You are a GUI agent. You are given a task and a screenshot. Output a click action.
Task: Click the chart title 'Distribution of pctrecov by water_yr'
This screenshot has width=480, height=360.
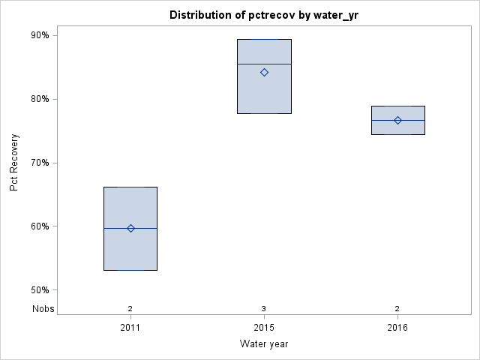pos(263,15)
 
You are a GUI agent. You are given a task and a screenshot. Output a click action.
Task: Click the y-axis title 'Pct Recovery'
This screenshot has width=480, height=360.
pos(14,163)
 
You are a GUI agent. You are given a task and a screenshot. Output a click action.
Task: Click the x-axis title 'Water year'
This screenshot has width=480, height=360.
pos(263,344)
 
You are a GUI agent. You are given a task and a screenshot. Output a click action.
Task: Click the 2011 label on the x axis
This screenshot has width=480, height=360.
pos(130,328)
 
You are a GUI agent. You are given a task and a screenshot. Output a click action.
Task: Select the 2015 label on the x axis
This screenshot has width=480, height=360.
pos(264,328)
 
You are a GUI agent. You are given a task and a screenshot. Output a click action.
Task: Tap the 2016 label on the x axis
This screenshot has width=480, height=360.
pos(397,328)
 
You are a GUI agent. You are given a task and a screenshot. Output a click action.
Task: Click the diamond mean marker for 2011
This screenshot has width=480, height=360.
pos(130,228)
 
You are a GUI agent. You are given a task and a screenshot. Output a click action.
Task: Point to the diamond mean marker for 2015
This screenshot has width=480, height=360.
pos(264,72)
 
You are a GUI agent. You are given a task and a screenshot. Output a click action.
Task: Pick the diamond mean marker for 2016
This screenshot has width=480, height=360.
pos(397,120)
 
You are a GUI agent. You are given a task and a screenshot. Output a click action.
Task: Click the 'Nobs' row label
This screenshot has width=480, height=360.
pos(43,308)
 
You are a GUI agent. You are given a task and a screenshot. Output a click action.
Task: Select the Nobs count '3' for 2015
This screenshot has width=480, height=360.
pos(264,308)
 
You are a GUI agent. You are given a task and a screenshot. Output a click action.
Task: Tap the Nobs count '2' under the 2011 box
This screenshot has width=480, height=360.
pos(130,308)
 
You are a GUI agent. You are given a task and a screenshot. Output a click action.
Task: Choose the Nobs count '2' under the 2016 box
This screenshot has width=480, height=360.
pos(397,308)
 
